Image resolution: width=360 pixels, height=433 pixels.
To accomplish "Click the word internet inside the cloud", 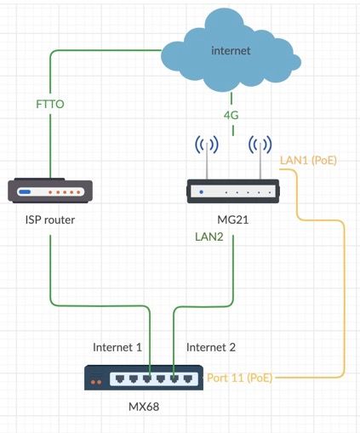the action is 231,50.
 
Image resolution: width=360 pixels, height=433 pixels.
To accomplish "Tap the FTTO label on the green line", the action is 50,104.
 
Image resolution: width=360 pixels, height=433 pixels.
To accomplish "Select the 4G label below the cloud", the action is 231,115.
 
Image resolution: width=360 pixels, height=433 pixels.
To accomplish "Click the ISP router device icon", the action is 50,191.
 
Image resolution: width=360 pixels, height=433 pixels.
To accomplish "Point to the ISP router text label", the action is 50,219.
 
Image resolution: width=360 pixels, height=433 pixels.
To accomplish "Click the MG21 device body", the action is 233,191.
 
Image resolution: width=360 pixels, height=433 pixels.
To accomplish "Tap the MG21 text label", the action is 232,219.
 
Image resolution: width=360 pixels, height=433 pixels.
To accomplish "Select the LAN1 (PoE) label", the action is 308,161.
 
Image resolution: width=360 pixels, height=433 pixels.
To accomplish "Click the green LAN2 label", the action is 209,236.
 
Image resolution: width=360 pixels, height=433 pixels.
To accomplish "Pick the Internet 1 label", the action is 117,347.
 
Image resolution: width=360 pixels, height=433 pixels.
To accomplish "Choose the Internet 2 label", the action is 211,347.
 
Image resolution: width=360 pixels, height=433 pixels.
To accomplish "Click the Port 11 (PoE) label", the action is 240,378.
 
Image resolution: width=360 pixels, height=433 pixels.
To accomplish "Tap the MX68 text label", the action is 144,407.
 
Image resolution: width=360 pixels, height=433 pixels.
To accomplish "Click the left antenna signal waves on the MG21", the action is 207,145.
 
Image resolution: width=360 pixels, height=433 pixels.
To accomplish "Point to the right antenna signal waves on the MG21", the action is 260,145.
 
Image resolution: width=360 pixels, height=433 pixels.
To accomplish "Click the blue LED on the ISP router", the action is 25,192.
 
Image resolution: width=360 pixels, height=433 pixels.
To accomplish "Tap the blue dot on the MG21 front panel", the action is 201,192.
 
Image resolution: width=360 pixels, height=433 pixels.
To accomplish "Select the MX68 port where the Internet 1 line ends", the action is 147,379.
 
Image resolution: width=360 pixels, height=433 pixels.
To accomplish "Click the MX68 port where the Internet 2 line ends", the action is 174,379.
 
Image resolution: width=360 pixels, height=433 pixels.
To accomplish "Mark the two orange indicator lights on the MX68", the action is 96,382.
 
